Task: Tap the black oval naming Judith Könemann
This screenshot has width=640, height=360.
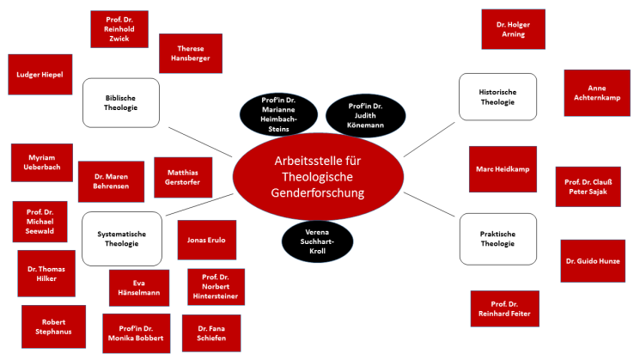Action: pyautogui.click(x=366, y=115)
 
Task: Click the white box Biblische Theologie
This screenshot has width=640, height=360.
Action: pyautogui.click(x=121, y=103)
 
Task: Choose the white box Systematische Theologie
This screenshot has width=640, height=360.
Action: pyautogui.click(x=121, y=239)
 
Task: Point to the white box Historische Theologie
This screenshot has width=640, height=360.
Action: pyautogui.click(x=498, y=96)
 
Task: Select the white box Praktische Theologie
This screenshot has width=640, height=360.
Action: pyautogui.click(x=498, y=238)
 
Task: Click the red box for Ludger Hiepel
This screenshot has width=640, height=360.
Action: pyautogui.click(x=40, y=75)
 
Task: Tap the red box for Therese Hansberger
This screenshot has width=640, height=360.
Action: pyautogui.click(x=191, y=53)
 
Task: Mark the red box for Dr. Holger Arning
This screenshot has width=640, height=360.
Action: pyautogui.click(x=513, y=29)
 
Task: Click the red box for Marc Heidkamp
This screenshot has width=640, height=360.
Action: pyautogui.click(x=503, y=168)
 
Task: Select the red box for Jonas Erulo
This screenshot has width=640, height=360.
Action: pyautogui.click(x=206, y=240)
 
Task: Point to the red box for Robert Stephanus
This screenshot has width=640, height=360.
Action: pyautogui.click(x=52, y=326)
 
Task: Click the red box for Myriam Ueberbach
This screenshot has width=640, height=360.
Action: pyautogui.click(x=41, y=162)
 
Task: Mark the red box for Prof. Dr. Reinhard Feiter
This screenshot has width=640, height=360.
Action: pyautogui.click(x=504, y=308)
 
